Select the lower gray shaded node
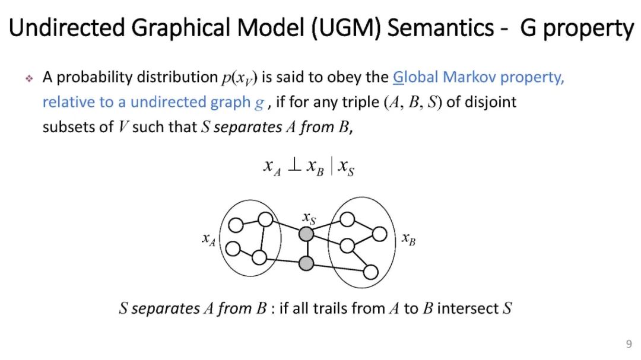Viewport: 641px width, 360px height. point(306,263)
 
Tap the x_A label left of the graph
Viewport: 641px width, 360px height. point(208,240)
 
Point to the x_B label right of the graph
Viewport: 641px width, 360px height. point(408,239)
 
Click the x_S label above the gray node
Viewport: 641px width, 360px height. point(309,218)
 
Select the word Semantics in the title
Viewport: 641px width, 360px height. point(444,28)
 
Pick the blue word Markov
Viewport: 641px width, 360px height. point(470,77)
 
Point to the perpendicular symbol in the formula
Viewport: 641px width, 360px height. point(294,166)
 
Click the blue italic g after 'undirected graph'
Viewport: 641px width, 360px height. point(259,103)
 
